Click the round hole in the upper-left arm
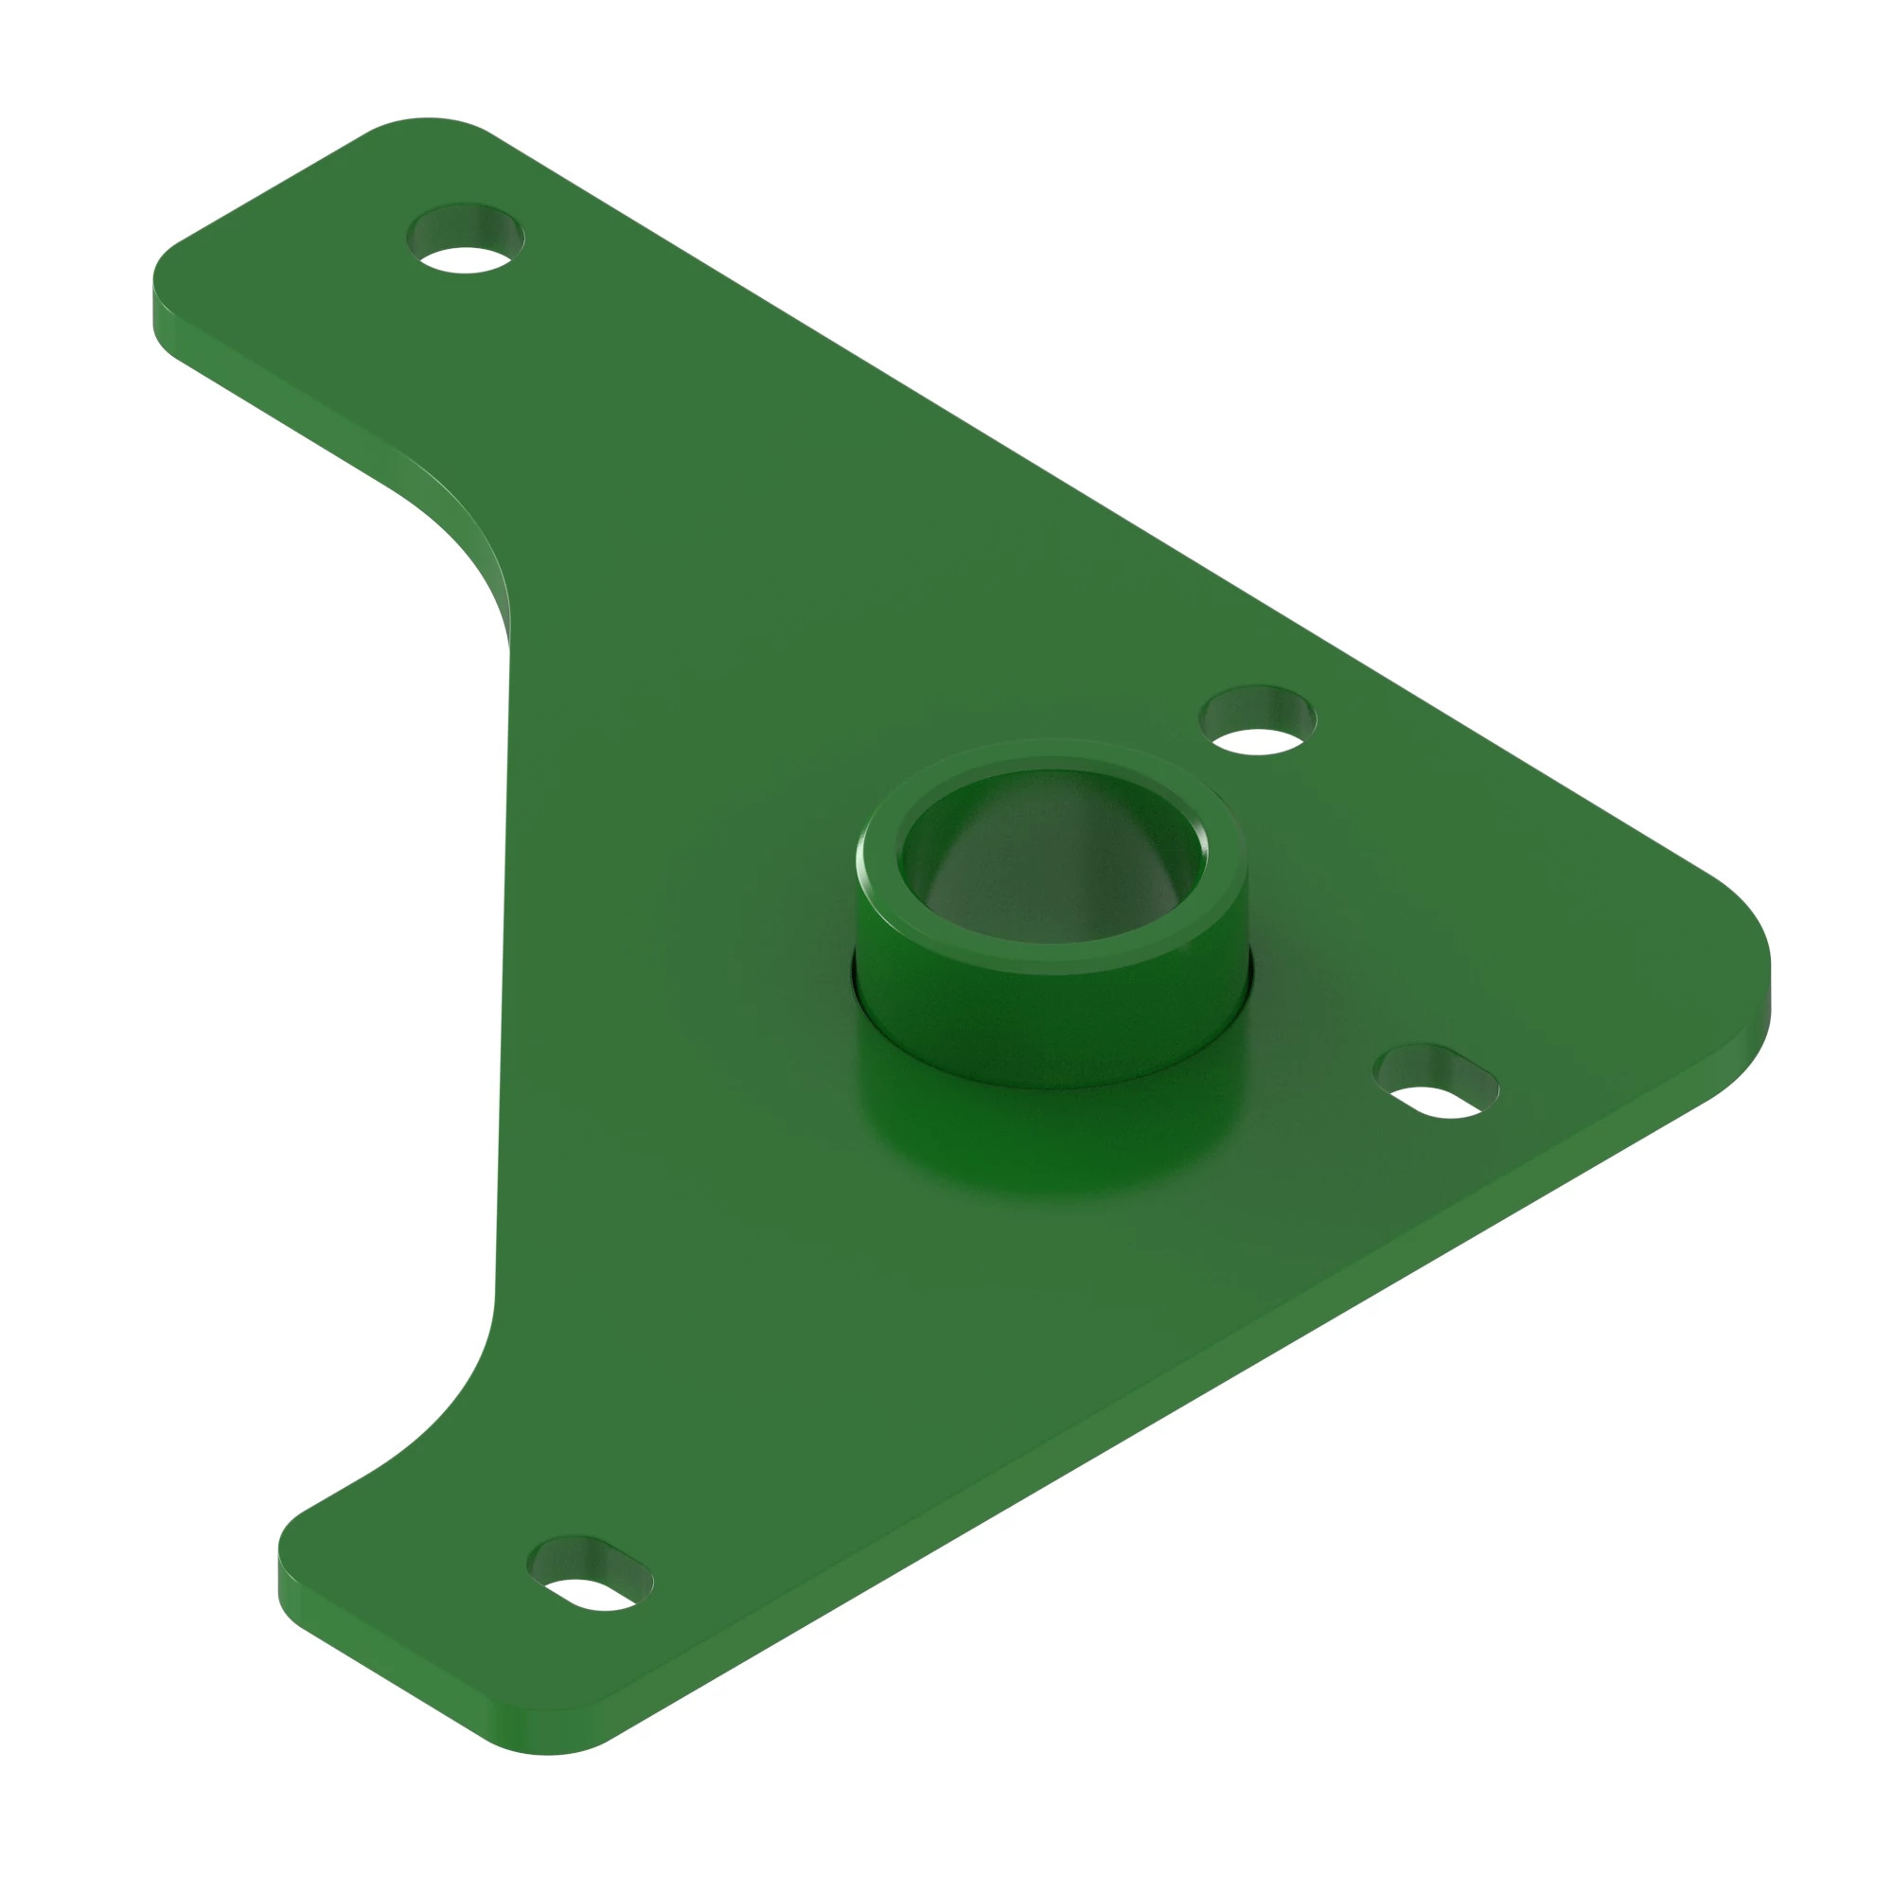[466, 239]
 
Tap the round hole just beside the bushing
[1258, 721]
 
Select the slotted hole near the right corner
[1437, 1082]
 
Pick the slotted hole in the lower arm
[590, 1574]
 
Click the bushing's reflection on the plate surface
[1053, 1146]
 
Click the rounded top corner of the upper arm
[427, 123]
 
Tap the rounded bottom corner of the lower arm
[549, 1759]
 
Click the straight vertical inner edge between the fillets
[504, 980]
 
